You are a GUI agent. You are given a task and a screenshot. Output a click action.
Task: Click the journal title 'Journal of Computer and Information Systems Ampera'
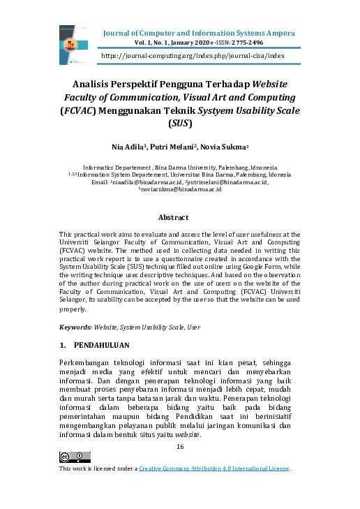point(199,34)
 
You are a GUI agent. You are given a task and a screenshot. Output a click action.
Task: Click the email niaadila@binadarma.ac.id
point(146,182)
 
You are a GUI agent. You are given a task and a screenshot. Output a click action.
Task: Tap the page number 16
point(180,446)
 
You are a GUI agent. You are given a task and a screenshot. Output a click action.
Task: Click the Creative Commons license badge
point(75,457)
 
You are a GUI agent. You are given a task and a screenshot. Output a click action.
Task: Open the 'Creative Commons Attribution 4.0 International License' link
point(213,469)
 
